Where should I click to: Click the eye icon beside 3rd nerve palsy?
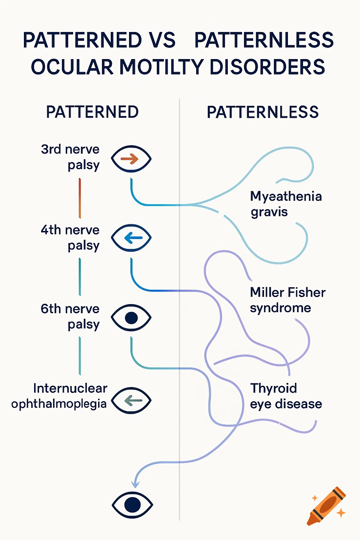(131, 159)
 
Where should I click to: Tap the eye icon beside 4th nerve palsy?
(131, 238)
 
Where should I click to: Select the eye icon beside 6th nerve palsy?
(131, 317)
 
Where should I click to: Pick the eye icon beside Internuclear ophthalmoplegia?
(131, 400)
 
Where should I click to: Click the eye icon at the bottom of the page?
(132, 505)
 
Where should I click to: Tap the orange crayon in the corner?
(327, 506)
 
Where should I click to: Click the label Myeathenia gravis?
(285, 204)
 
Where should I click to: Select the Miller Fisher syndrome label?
(287, 300)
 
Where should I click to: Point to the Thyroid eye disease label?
(285, 396)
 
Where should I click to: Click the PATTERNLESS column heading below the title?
(263, 112)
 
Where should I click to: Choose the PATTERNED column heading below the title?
(92, 112)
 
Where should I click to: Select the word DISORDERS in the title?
(267, 67)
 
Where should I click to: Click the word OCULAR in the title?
(72, 67)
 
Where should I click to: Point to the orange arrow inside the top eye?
(130, 159)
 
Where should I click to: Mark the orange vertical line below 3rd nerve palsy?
(80, 198)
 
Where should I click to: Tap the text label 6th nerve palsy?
(70, 316)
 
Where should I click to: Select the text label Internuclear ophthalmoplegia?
(59, 396)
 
